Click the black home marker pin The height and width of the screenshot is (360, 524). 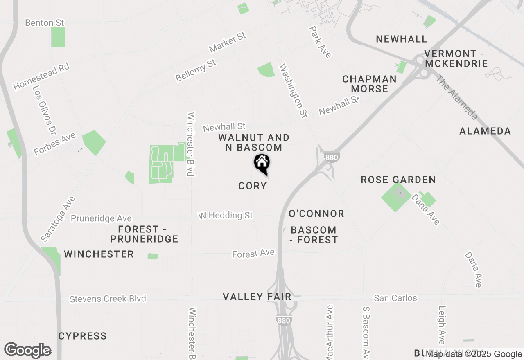tap(262, 163)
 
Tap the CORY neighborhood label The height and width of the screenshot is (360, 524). tap(253, 186)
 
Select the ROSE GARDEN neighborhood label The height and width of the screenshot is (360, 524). tap(398, 180)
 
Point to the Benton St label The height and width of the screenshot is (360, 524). tap(45, 22)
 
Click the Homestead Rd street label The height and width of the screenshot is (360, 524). tap(41, 76)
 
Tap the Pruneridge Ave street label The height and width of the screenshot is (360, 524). tap(101, 218)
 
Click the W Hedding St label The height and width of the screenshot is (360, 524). tap(226, 215)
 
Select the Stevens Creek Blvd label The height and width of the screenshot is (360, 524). tap(108, 299)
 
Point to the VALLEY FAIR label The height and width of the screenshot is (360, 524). tap(257, 297)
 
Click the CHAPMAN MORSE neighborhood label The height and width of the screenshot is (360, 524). tap(369, 84)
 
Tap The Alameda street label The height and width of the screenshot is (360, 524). tap(456, 97)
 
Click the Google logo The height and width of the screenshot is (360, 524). tap(28, 350)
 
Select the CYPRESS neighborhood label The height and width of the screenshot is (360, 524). tap(82, 336)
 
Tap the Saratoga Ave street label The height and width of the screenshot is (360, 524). tap(58, 219)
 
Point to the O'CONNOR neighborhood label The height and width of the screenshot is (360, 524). tap(316, 214)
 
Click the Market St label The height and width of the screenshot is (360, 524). tap(227, 43)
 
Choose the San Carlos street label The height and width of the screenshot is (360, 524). tap(395, 298)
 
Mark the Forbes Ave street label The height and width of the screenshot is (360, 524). tap(55, 144)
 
